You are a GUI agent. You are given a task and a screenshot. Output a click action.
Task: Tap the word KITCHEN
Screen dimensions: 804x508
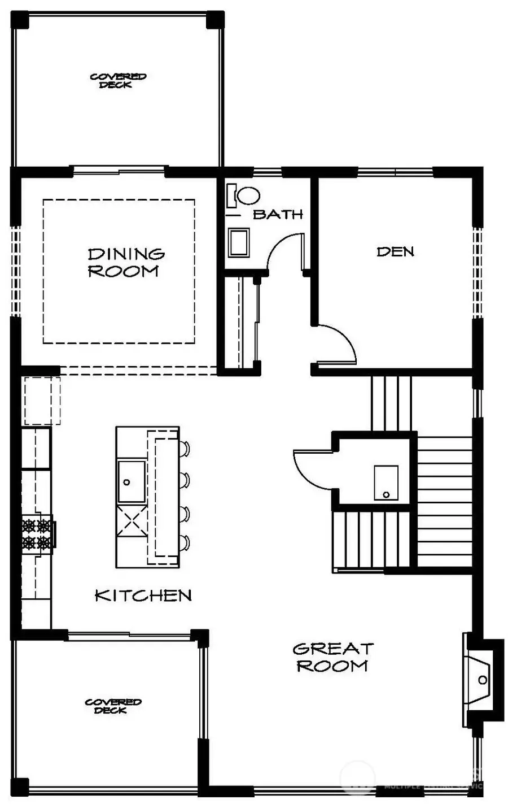(143, 595)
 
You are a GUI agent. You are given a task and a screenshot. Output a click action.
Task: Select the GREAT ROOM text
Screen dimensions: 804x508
(333, 657)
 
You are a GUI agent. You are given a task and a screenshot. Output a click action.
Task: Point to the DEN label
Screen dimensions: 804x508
(395, 251)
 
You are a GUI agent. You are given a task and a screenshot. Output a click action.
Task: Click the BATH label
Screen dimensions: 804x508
(278, 214)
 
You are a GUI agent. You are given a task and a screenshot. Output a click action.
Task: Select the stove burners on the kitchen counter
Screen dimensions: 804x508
(37, 534)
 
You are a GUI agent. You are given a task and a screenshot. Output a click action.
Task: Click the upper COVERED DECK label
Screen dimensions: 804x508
(119, 80)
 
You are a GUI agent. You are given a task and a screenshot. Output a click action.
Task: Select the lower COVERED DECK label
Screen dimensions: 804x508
(113, 706)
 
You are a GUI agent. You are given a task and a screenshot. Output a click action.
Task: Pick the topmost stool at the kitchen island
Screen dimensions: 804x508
(185, 449)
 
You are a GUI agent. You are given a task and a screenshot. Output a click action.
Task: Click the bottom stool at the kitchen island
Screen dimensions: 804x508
(185, 544)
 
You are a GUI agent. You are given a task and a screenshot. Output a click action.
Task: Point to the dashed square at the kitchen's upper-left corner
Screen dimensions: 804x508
(42, 401)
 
